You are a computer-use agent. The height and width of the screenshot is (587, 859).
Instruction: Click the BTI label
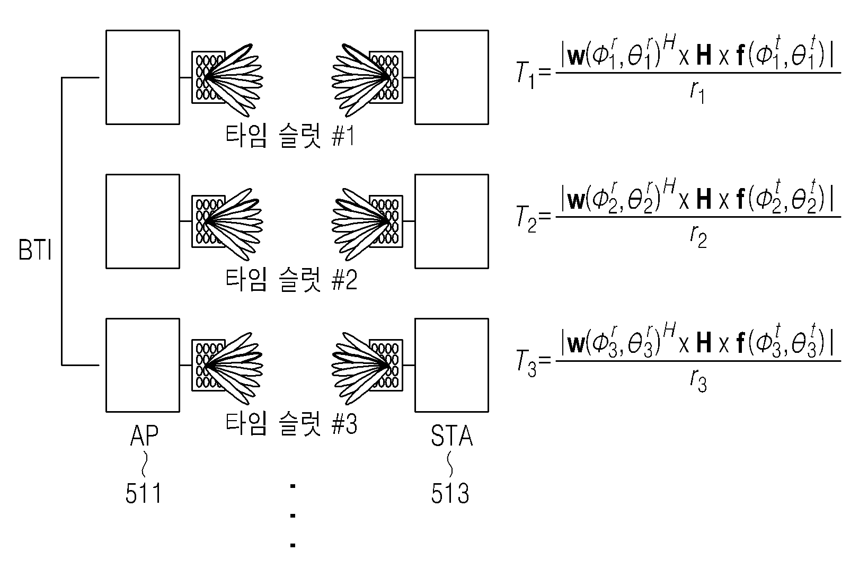[35, 250]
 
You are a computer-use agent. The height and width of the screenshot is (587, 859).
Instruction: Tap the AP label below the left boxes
[144, 435]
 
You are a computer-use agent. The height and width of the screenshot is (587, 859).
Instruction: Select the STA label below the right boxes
[451, 435]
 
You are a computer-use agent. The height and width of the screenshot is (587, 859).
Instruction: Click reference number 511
[143, 493]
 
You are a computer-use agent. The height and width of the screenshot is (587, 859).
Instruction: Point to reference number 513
[450, 493]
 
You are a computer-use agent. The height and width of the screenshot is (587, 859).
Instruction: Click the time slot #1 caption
[290, 136]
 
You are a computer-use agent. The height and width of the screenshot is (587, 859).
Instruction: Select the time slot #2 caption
[291, 280]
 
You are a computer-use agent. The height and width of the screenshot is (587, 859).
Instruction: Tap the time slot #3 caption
[291, 424]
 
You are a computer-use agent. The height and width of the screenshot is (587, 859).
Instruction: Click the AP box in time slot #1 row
[143, 77]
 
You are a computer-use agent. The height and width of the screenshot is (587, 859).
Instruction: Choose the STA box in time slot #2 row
[451, 221]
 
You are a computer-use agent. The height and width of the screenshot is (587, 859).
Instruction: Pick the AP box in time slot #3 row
[143, 366]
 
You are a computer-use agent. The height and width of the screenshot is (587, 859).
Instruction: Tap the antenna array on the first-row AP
[208, 77]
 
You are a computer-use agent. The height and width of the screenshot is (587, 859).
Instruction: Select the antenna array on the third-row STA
[386, 366]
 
